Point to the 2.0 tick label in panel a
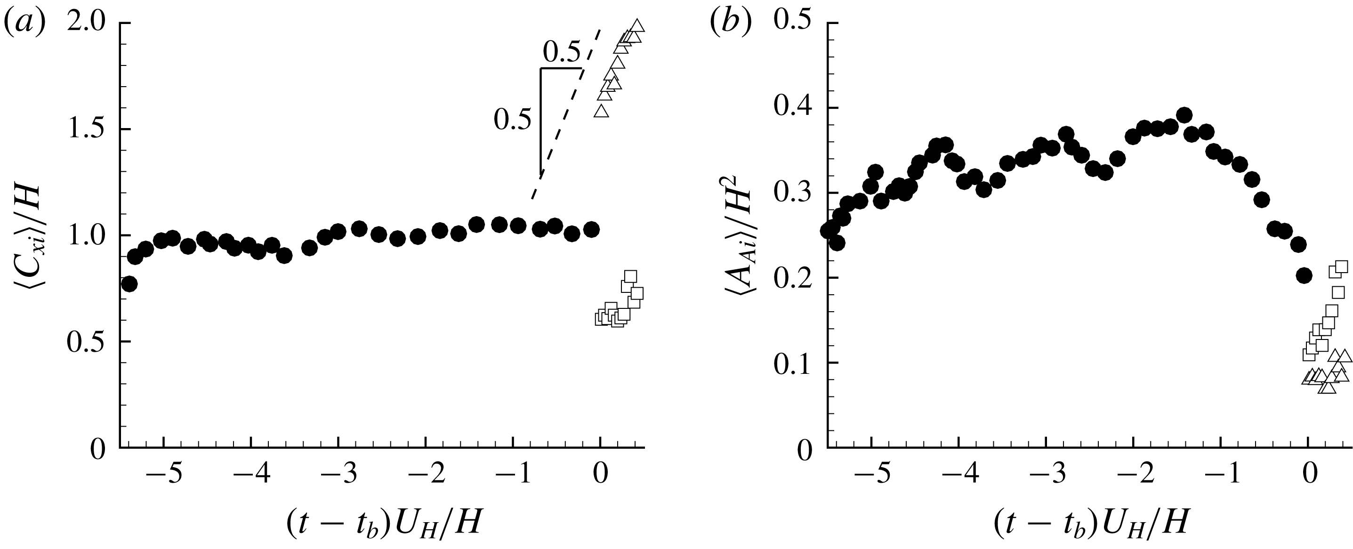tap(87, 24)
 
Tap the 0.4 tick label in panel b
tap(794, 108)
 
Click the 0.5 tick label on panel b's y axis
tap(794, 24)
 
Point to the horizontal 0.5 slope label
tap(562, 53)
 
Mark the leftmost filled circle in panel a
tap(129, 284)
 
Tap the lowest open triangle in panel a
tap(601, 111)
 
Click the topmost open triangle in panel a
tap(637, 26)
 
